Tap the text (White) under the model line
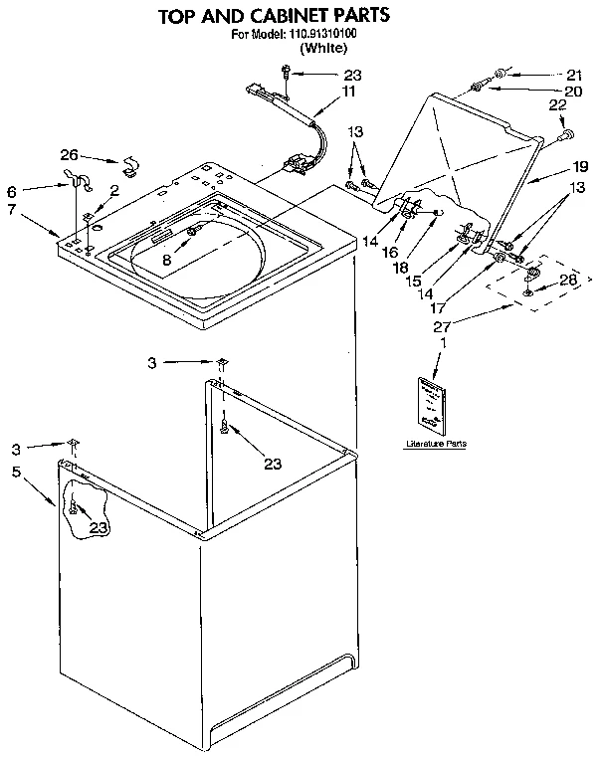[x=323, y=47]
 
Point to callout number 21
[x=573, y=74]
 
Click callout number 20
[x=573, y=91]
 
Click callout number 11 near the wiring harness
[x=348, y=91]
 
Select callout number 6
[x=11, y=191]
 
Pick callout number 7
[x=11, y=210]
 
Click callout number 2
[x=115, y=190]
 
